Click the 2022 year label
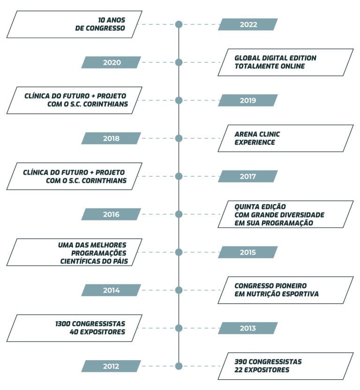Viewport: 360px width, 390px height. [x=248, y=24]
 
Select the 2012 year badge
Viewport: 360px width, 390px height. [x=111, y=366]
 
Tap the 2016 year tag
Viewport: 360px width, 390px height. [x=111, y=214]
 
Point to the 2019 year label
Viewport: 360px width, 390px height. [x=248, y=100]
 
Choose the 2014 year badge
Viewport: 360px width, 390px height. [x=111, y=290]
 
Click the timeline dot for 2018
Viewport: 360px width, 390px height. [x=179, y=138]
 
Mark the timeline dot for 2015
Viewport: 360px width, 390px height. [x=179, y=252]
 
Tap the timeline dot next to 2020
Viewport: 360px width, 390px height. [x=179, y=62]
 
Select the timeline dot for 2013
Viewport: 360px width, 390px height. [x=179, y=328]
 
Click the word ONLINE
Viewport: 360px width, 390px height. [x=292, y=66]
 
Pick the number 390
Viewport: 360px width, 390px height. [x=240, y=362]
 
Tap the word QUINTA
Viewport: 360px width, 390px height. [x=247, y=207]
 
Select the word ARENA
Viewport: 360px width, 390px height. [x=244, y=135]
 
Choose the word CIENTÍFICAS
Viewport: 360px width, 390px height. [x=80, y=261]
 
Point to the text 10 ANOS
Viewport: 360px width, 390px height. [x=112, y=20]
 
